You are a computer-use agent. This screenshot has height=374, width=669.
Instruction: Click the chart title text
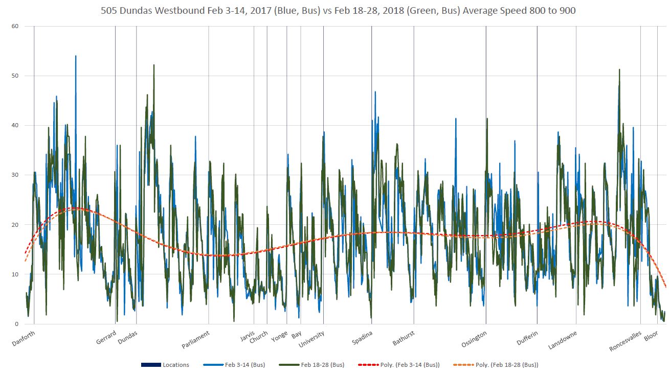click(x=334, y=10)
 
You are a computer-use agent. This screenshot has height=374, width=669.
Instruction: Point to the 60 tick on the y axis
click(x=15, y=26)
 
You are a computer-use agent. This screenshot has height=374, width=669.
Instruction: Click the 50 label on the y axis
click(x=15, y=76)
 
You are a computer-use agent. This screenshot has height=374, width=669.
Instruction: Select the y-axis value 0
click(x=16, y=324)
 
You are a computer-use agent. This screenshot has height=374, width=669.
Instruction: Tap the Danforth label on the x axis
click(x=24, y=338)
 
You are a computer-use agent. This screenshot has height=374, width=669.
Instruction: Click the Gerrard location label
click(x=106, y=338)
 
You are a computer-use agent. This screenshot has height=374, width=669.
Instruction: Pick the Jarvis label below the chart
click(x=247, y=337)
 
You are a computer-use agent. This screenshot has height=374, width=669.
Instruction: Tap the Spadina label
click(x=362, y=338)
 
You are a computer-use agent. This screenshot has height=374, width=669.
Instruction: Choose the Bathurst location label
click(x=404, y=338)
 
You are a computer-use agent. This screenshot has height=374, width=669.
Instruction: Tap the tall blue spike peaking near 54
click(x=76, y=57)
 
